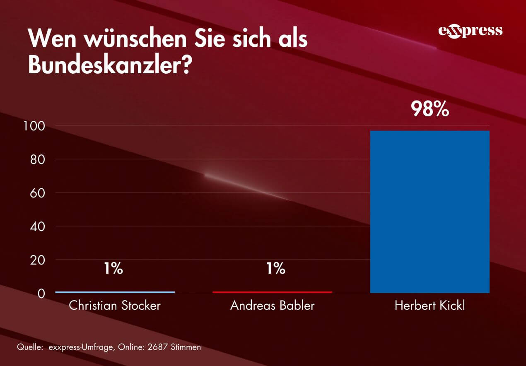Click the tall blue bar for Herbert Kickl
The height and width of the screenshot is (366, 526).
(429, 212)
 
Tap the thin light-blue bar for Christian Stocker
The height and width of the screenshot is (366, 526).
(115, 292)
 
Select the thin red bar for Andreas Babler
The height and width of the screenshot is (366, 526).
(272, 292)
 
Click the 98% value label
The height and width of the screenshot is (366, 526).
(429, 109)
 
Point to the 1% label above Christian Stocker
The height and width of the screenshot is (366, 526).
(113, 269)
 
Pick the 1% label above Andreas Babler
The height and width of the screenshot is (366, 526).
(275, 269)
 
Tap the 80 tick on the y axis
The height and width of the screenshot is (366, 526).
(38, 159)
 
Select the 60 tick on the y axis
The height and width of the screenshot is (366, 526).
(38, 193)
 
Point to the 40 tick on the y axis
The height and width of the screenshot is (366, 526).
(38, 226)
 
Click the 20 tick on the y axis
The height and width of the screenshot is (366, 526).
(38, 260)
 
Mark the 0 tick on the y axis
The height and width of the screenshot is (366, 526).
(41, 294)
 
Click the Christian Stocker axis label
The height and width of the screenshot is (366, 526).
(115, 306)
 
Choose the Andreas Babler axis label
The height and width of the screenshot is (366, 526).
(272, 306)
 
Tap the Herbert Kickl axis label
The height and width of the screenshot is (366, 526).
(429, 306)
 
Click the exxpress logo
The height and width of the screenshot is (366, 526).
(470, 31)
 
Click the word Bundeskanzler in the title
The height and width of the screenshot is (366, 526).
(105, 65)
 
